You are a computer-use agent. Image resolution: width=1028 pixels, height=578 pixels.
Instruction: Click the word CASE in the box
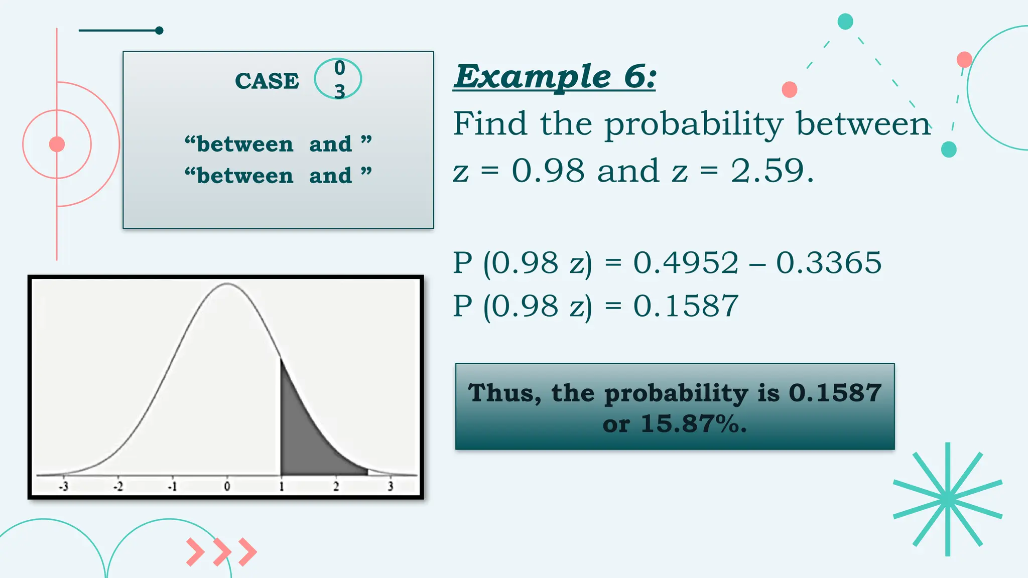(x=267, y=81)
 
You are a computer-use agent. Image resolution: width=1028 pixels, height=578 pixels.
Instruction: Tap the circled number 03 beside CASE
(x=338, y=79)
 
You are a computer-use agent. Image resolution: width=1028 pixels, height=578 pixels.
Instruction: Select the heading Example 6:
(x=555, y=77)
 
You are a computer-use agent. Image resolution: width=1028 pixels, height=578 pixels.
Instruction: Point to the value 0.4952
(x=686, y=262)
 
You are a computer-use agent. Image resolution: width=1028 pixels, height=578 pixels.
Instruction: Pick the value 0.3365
(x=829, y=262)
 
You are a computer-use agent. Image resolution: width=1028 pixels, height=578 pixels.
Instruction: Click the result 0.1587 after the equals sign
(x=686, y=306)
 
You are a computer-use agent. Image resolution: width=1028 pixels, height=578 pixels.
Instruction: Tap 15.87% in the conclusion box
(x=693, y=424)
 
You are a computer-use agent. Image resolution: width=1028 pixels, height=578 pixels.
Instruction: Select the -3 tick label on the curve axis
(x=63, y=486)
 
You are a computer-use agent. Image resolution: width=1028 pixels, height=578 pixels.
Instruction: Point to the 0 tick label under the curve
(x=227, y=486)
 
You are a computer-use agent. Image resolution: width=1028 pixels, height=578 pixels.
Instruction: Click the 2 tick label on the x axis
(x=336, y=486)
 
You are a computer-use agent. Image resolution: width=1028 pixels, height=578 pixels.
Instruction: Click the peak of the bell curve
(x=227, y=284)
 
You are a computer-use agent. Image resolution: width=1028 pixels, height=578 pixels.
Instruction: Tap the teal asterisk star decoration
(x=947, y=499)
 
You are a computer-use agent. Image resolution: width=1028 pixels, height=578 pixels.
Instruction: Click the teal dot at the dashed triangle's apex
(x=845, y=22)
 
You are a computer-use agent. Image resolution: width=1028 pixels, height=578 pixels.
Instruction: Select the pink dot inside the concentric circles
(x=57, y=144)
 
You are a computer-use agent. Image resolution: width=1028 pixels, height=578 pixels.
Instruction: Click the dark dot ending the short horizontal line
(x=159, y=31)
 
